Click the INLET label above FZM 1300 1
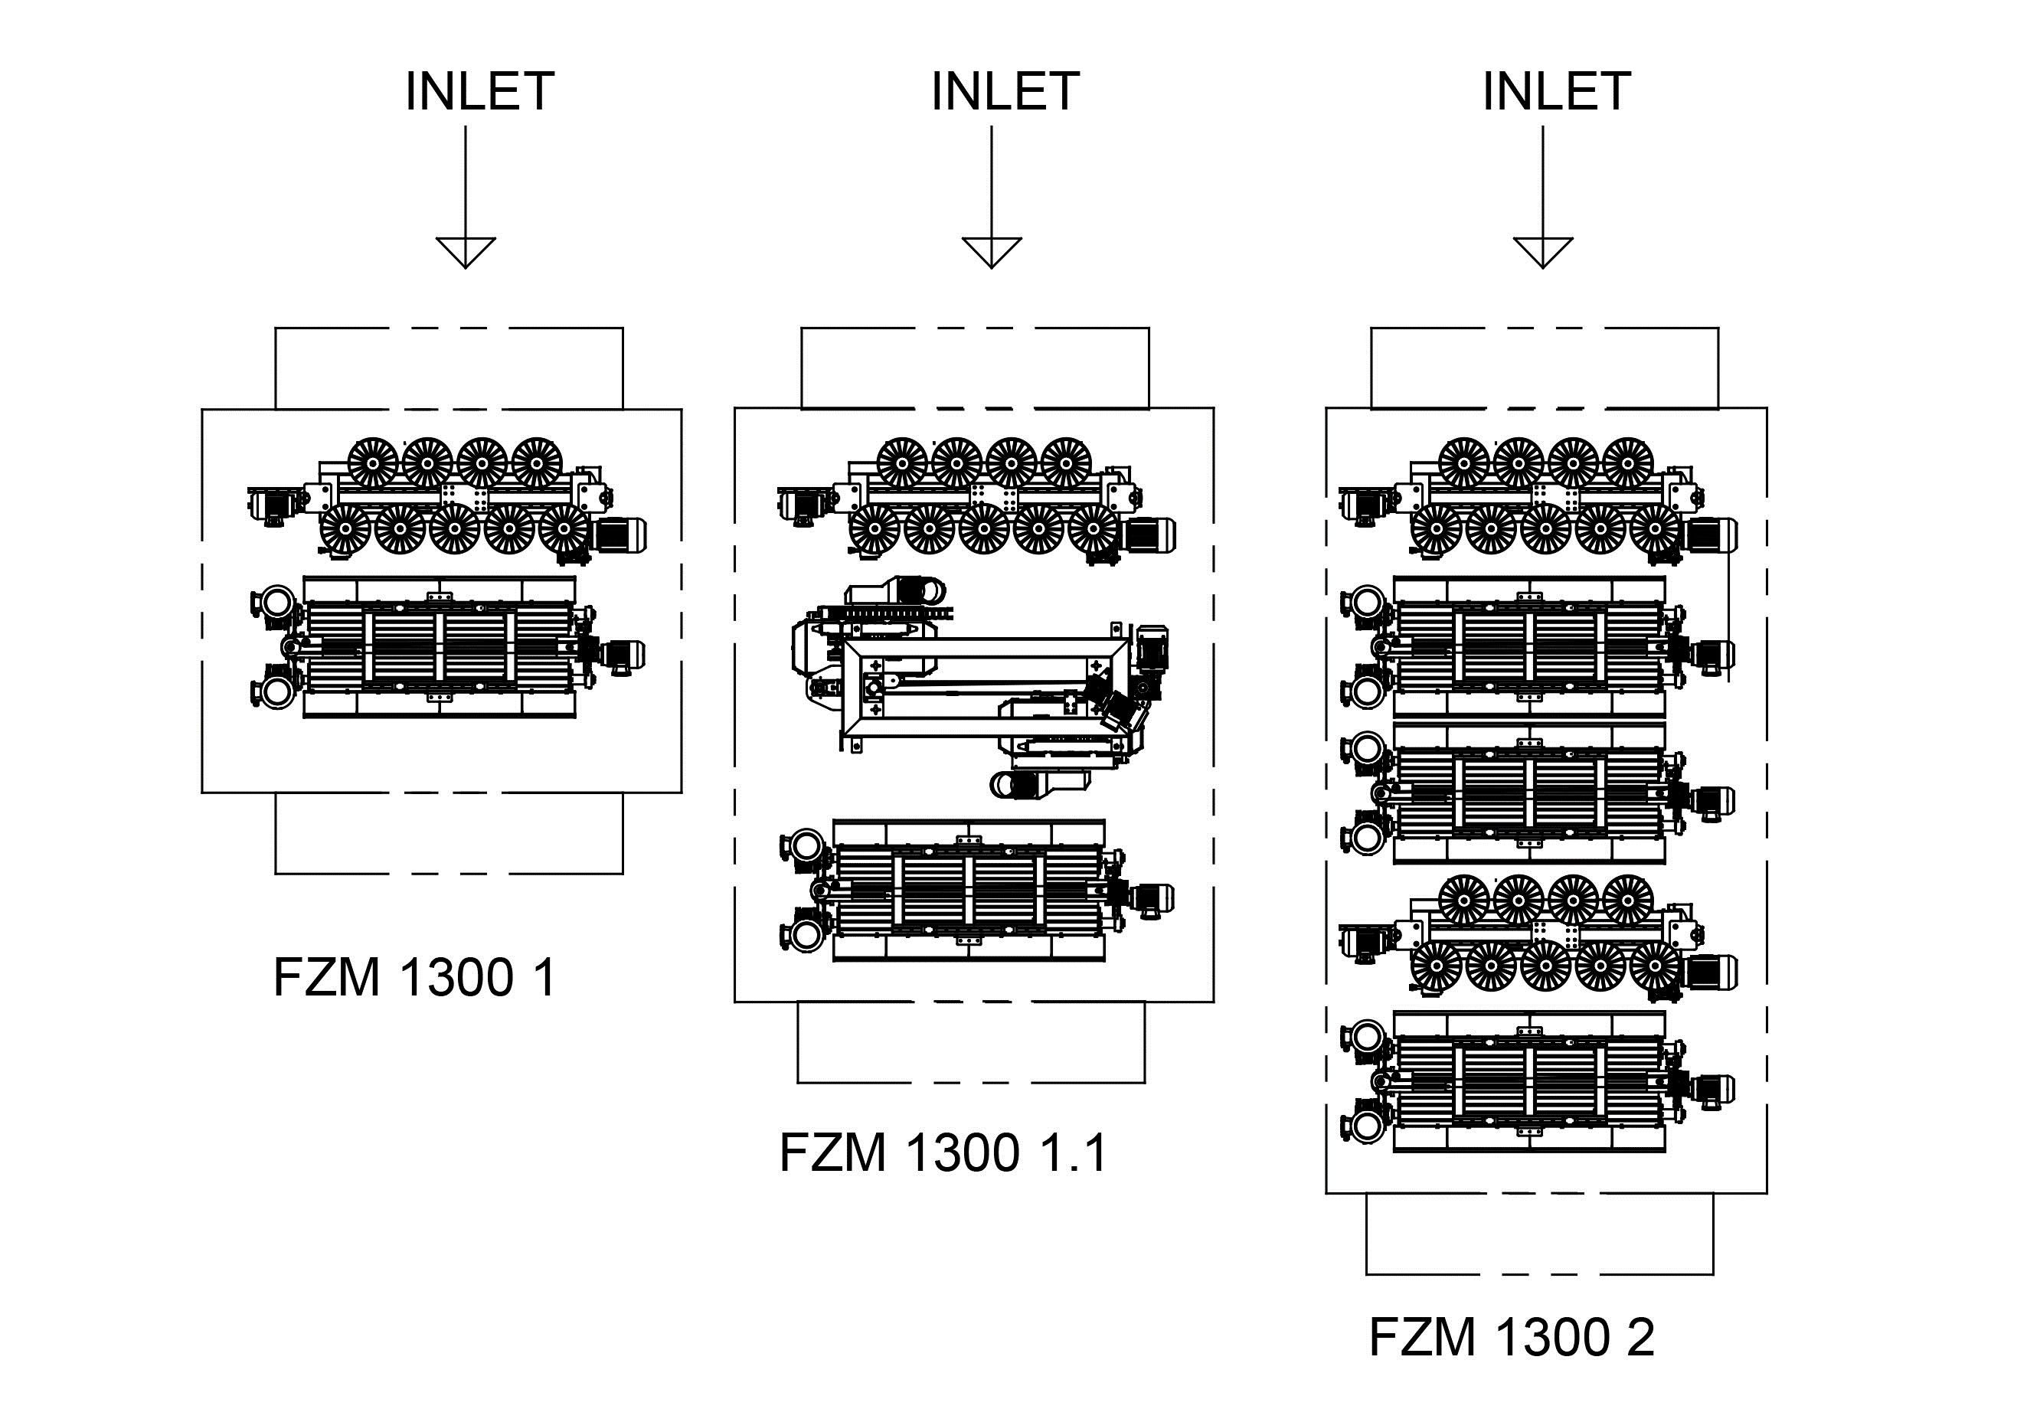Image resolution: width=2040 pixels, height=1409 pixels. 479,91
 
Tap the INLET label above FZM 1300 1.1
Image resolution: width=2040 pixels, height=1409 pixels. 1005,91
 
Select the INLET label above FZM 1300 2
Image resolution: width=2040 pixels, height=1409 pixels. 1556,91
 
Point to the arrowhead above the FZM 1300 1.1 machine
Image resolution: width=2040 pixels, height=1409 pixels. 992,253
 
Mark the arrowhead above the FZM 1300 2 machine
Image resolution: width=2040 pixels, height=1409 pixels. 1543,253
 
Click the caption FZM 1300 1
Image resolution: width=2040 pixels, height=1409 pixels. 415,977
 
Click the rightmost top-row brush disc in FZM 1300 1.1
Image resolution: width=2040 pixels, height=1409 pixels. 1065,463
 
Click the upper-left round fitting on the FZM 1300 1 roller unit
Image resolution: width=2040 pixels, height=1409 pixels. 276,601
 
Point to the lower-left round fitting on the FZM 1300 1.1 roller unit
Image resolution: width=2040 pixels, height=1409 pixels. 805,936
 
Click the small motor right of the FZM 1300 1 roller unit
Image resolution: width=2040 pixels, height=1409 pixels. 623,655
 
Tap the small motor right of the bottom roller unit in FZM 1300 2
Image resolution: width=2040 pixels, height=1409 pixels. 1712,1089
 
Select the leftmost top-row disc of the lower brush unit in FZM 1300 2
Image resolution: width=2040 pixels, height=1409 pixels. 1463,899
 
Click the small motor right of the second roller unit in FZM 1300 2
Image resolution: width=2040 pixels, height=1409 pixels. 1712,801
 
